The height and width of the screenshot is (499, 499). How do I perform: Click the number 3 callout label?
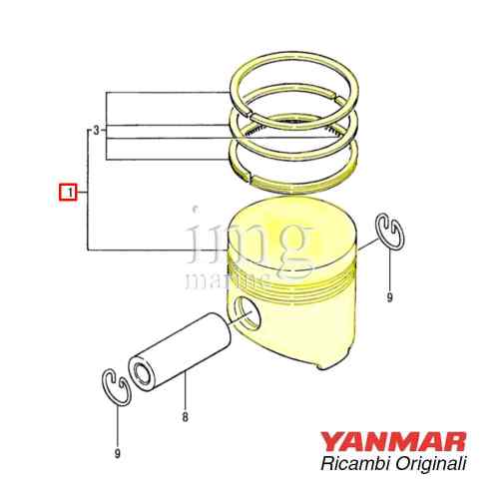(95, 131)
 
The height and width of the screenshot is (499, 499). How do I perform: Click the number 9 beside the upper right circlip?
(388, 297)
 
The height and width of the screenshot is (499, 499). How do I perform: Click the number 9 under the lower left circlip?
(117, 454)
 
